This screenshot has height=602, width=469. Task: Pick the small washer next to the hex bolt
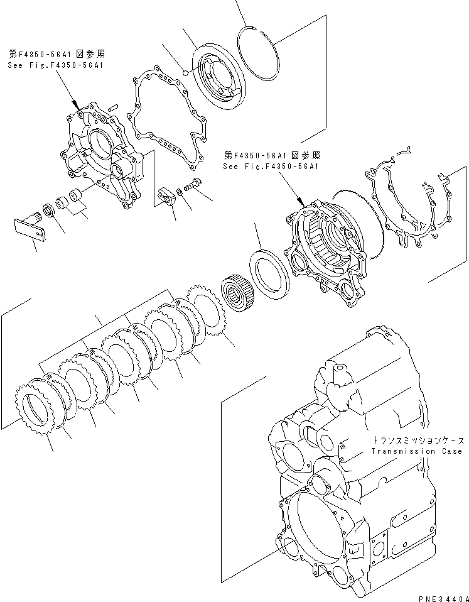[x=180, y=190]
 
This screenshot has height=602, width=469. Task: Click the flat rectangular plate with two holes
[x=31, y=227]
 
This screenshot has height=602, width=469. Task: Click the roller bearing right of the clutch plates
[x=237, y=292]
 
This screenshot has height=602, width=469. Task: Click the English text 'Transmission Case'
[x=416, y=451]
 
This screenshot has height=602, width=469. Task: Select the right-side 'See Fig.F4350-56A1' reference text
[x=271, y=167]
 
